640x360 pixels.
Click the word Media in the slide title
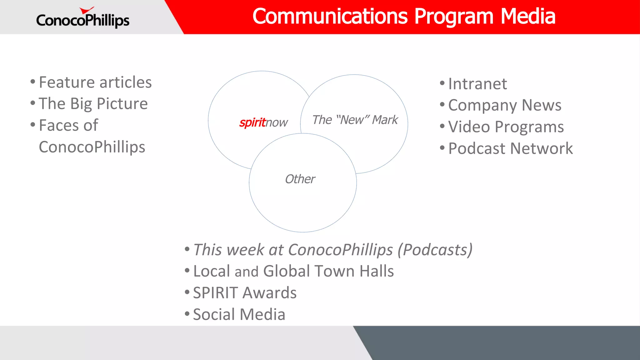(x=528, y=16)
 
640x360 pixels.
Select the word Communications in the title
(x=330, y=16)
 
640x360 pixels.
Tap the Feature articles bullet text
(x=95, y=82)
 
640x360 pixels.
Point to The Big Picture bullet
(x=93, y=104)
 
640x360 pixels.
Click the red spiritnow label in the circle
(x=252, y=122)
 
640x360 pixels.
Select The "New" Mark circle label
(x=355, y=120)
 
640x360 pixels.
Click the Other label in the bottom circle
(x=300, y=179)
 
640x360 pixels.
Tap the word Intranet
(x=477, y=84)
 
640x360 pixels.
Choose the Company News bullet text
(x=505, y=105)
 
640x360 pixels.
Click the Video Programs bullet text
(x=506, y=127)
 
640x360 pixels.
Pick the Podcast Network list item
(x=510, y=148)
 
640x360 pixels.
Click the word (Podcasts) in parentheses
(x=435, y=250)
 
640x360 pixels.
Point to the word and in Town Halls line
(x=246, y=272)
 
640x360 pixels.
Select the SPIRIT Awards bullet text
(x=245, y=293)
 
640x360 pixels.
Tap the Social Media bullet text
(x=239, y=314)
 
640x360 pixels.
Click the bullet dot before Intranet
(x=442, y=83)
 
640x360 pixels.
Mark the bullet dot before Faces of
(x=33, y=125)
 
